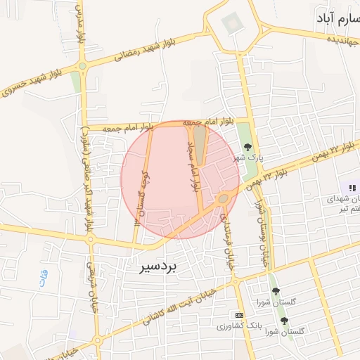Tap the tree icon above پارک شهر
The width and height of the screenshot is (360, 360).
248,147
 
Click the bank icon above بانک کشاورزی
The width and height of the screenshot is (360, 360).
240,314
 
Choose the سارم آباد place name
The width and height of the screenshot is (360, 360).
332,15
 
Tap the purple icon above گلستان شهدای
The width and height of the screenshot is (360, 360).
351,188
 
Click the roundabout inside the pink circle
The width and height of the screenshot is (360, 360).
223,199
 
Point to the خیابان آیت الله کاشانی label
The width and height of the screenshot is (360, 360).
190,302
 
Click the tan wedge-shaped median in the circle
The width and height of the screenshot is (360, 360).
200,144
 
